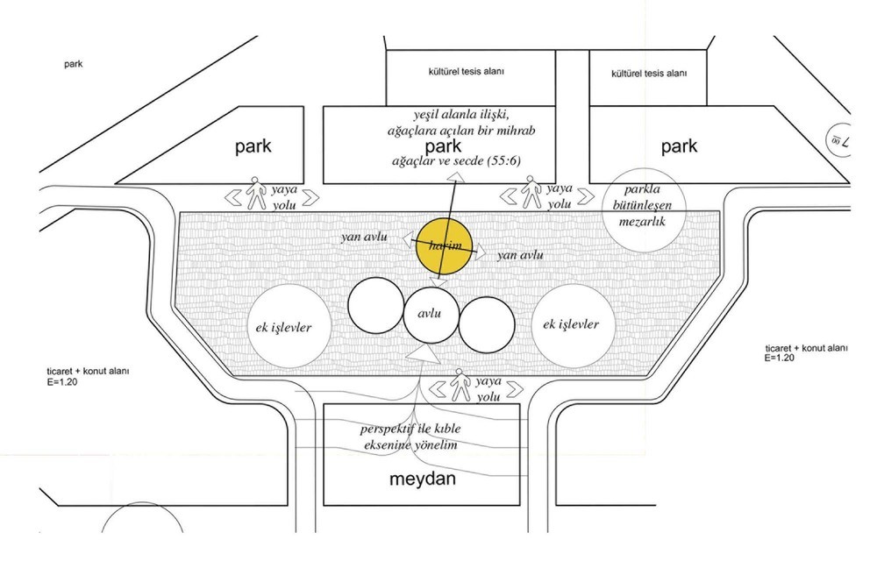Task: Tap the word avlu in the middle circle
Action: (x=429, y=314)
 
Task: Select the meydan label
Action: (x=423, y=479)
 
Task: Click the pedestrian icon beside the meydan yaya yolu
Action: (x=460, y=385)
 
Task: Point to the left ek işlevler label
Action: (x=283, y=328)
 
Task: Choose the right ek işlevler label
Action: (x=571, y=324)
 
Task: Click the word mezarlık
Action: (x=642, y=221)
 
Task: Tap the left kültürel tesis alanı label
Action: (x=467, y=72)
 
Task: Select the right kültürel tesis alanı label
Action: (x=649, y=74)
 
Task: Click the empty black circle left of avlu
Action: (x=376, y=305)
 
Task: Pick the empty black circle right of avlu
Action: (x=487, y=325)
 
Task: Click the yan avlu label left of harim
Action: (x=364, y=237)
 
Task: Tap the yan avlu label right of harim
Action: (x=520, y=255)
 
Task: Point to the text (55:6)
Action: (x=504, y=161)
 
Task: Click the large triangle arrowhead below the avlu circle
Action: (x=423, y=354)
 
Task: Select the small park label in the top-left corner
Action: (x=74, y=64)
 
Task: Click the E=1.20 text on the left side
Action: (x=62, y=383)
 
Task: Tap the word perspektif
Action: (x=388, y=430)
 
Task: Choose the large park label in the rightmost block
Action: (x=679, y=146)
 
